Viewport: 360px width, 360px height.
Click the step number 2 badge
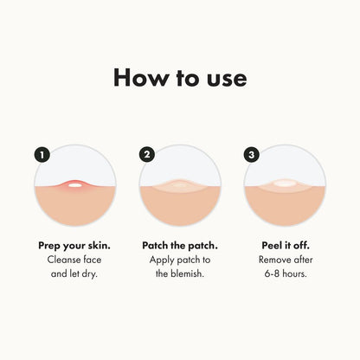[x=147, y=155]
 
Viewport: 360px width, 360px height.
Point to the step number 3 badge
[x=253, y=155]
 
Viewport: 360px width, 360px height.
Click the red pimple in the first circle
[x=74, y=184]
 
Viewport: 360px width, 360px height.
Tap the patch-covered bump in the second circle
[x=179, y=185]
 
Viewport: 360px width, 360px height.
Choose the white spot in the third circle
[x=285, y=184]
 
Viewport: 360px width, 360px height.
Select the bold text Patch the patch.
[x=179, y=245]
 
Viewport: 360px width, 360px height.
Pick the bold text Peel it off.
[x=285, y=245]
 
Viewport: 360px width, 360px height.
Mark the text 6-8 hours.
[x=285, y=274]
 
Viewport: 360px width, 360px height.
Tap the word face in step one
[x=93, y=260]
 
